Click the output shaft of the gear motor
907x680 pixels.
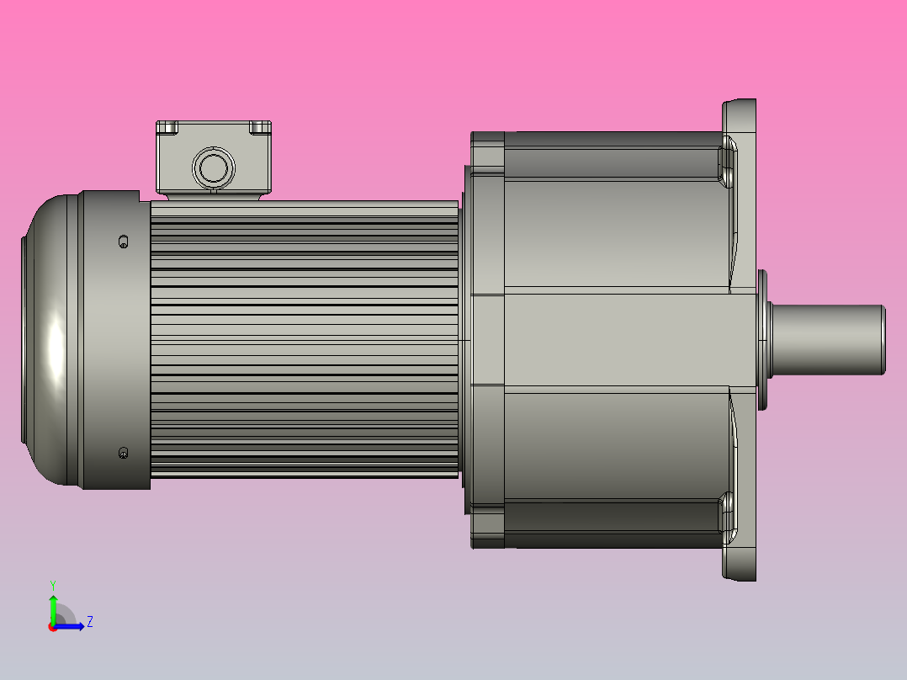825,339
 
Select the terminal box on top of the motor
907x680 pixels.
213,158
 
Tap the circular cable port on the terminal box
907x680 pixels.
212,167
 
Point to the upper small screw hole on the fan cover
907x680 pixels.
124,242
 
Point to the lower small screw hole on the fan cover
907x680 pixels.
124,453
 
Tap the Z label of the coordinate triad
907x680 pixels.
89,622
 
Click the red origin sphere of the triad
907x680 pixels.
53,627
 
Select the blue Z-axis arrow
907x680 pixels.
72,626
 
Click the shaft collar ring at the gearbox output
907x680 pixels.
762,339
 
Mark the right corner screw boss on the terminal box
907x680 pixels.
261,127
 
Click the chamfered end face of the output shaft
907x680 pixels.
883,339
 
